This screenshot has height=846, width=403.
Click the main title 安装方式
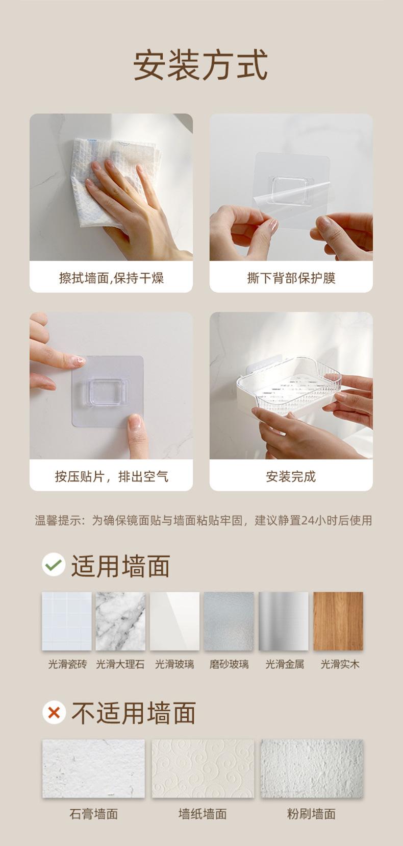tap(200, 65)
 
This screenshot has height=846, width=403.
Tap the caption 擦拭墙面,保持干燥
tap(111, 278)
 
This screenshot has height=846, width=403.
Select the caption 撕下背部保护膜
tap(291, 278)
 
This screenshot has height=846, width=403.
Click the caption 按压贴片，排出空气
tap(111, 476)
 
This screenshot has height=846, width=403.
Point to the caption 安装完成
tap(291, 476)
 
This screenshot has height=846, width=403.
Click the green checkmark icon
tap(54, 565)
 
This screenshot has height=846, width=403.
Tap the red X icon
tap(54, 712)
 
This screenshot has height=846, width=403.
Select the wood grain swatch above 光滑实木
tap(338, 621)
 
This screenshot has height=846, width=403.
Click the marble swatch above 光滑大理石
tap(120, 621)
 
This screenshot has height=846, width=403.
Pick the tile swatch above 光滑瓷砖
tap(67, 621)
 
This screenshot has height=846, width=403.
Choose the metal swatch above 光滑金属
tap(284, 621)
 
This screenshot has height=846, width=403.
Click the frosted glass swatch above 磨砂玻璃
tap(229, 621)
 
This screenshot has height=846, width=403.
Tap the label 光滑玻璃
tap(174, 664)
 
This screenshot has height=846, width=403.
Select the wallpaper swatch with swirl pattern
tap(203, 768)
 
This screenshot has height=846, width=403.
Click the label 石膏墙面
tap(93, 814)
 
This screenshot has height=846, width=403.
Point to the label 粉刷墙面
tap(311, 814)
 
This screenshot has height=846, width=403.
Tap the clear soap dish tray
tap(286, 391)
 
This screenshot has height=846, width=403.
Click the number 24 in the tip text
tap(308, 521)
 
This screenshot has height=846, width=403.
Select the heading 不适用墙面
tap(134, 713)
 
